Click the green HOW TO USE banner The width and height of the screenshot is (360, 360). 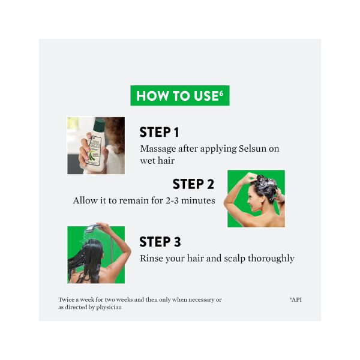pyautogui.click(x=180, y=95)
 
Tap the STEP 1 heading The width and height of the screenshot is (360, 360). pyautogui.click(x=159, y=132)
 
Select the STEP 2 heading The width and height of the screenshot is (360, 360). pyautogui.click(x=193, y=184)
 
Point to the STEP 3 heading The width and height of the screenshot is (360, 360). pyautogui.click(x=160, y=242)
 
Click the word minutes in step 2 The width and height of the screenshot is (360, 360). pyautogui.click(x=198, y=200)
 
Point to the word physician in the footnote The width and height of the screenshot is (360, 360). pyautogui.click(x=109, y=307)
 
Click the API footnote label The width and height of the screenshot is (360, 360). pyautogui.click(x=296, y=299)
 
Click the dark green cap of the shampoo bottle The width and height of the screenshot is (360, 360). pyautogui.click(x=99, y=126)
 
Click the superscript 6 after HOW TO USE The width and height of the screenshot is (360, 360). pyautogui.click(x=221, y=93)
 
